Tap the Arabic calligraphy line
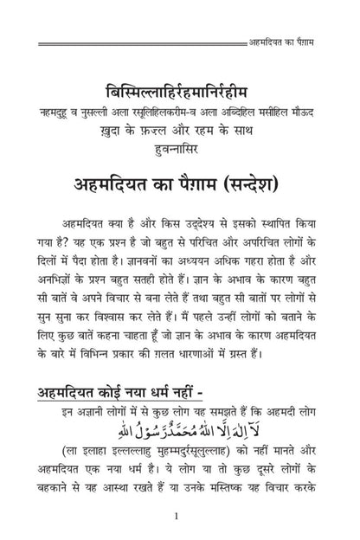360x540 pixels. pyautogui.click(x=180, y=431)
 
